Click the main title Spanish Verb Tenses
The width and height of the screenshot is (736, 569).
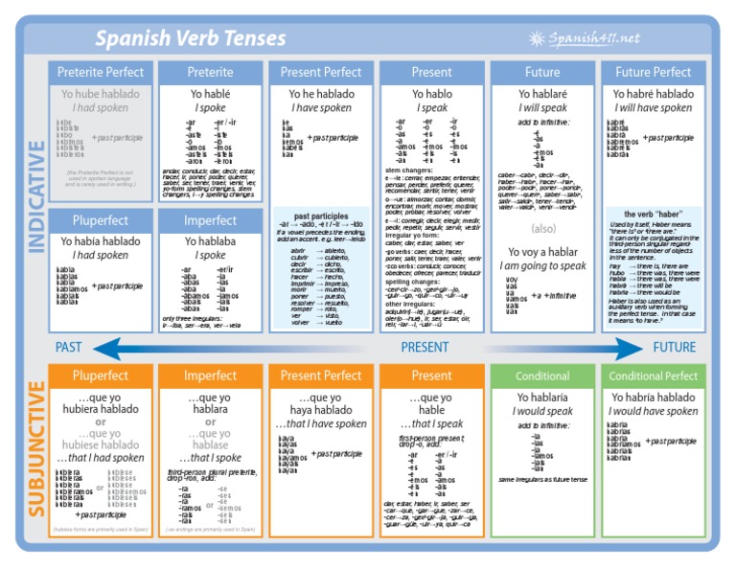[190, 38]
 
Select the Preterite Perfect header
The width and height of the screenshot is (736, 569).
[101, 72]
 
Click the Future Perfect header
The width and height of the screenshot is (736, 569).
[653, 72]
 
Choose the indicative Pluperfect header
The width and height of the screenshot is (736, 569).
[101, 220]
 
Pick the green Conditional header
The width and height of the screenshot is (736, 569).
[542, 376]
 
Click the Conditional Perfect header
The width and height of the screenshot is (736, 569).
[653, 376]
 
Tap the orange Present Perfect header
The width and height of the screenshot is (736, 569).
[321, 376]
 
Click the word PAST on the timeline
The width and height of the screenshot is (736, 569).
[69, 347]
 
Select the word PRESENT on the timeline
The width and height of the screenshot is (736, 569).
[425, 347]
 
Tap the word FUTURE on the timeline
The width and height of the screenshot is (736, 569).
[674, 347]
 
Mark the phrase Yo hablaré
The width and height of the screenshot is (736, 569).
[542, 94]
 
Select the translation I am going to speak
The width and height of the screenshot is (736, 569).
[542, 265]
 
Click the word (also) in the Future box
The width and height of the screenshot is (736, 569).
[542, 230]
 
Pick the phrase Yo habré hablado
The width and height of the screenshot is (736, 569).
[653, 94]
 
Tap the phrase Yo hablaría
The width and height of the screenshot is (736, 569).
[542, 398]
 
